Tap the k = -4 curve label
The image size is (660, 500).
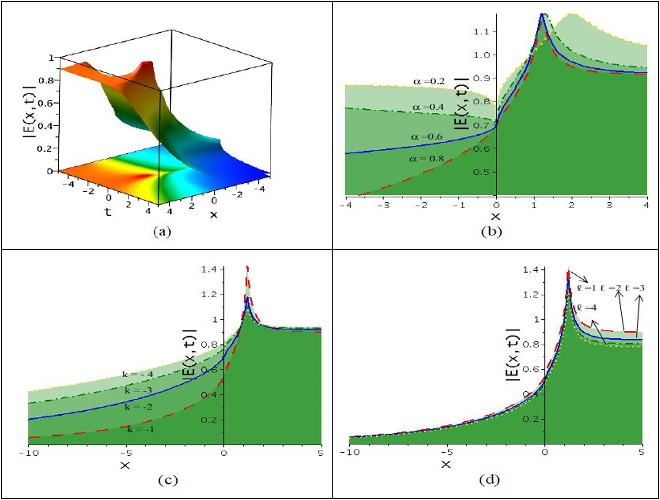pyautogui.click(x=138, y=374)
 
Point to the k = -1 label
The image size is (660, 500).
pyautogui.click(x=140, y=429)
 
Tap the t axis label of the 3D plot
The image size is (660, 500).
pyautogui.click(x=108, y=212)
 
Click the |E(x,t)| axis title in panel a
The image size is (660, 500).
pyautogui.click(x=29, y=112)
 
